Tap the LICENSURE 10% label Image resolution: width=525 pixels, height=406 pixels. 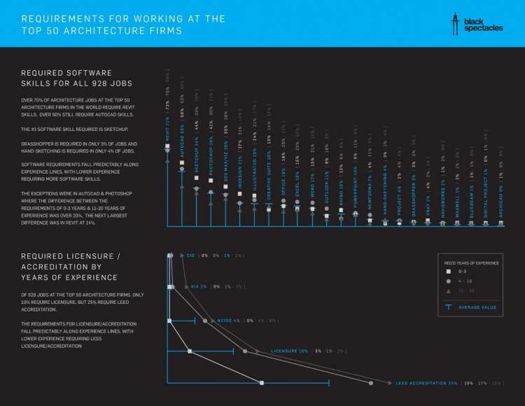tap(288, 350)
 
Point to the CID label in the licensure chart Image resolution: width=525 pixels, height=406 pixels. tap(190, 256)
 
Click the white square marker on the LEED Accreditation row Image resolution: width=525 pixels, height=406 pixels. tap(262, 383)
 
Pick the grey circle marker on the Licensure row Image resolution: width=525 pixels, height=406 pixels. tap(244, 350)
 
